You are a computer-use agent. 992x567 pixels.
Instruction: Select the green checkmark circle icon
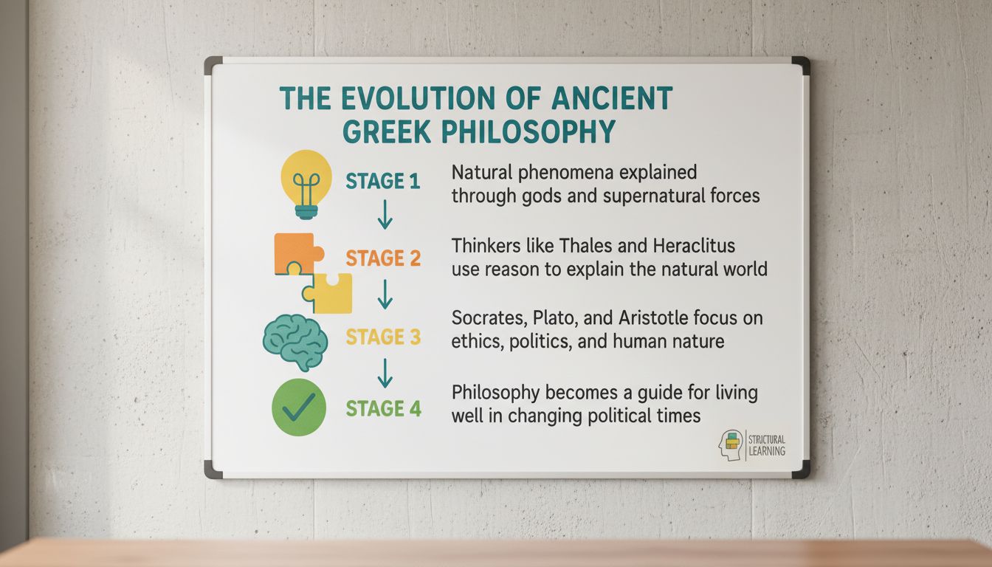pos(299,407)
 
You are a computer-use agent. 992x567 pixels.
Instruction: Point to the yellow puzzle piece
pos(330,293)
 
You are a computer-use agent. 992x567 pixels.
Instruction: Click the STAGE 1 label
pos(382,181)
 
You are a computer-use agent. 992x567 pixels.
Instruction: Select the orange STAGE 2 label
pos(383,258)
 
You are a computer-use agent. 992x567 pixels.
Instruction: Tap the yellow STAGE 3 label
pos(383,337)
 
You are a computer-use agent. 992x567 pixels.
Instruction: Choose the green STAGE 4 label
pos(383,408)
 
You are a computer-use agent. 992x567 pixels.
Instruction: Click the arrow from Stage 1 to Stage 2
pos(385,214)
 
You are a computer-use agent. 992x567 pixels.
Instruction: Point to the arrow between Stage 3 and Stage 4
pos(385,373)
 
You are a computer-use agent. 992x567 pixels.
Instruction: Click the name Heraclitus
pos(694,246)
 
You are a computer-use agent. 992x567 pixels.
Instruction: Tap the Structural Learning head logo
pos(731,445)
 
